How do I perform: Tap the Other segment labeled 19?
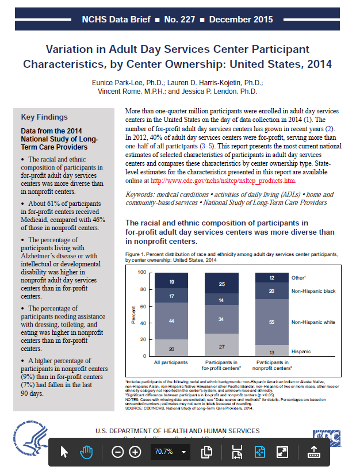(x=172, y=282)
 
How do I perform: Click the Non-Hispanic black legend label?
(x=313, y=292)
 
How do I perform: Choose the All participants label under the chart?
(x=172, y=363)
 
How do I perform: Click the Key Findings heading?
(x=44, y=117)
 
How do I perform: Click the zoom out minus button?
(x=118, y=452)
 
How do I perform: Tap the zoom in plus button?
(x=135, y=452)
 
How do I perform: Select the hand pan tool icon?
(x=86, y=452)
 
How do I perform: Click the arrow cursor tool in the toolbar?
(x=64, y=452)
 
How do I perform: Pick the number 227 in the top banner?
(x=189, y=20)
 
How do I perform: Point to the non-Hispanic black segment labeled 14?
(x=221, y=300)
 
